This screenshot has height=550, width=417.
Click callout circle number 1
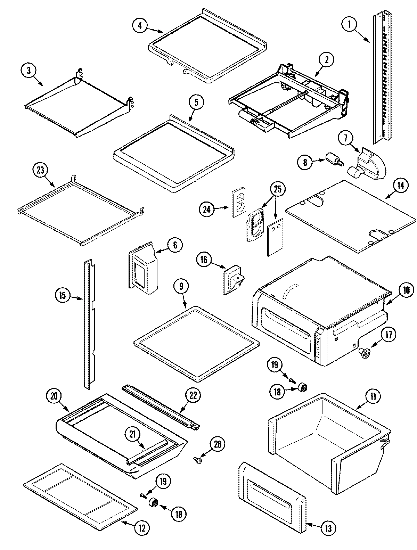point(350,25)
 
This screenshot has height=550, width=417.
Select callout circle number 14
point(400,186)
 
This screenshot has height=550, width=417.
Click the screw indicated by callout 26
point(198,461)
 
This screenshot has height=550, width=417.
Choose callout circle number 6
point(174,245)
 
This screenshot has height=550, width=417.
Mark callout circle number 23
point(41,171)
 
